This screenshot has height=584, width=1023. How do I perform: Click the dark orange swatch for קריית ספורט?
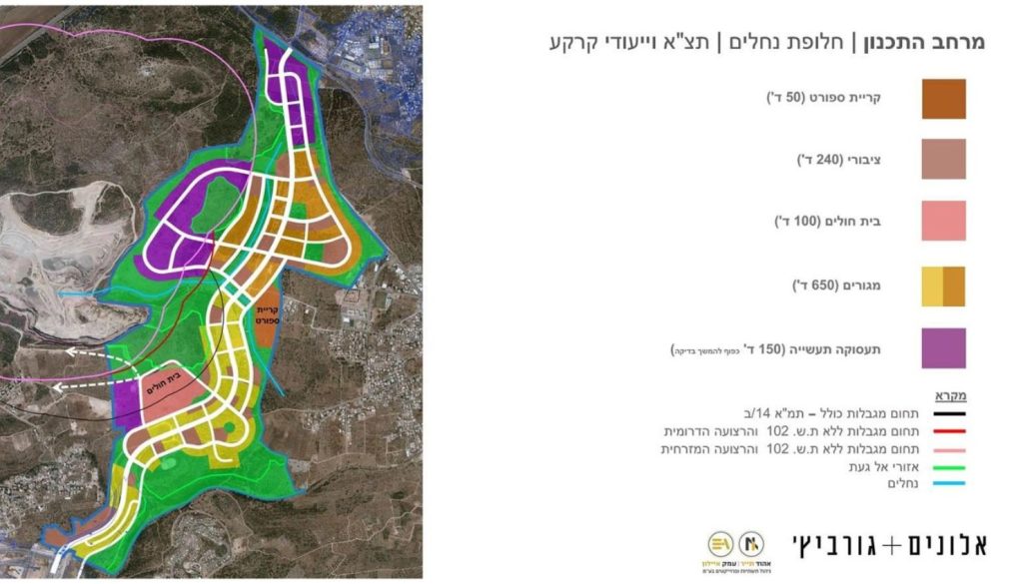(x=943, y=99)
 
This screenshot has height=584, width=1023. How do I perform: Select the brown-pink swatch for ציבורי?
(x=943, y=160)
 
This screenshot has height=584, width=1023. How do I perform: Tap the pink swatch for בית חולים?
(x=943, y=221)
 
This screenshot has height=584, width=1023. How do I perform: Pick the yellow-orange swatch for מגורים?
(x=943, y=287)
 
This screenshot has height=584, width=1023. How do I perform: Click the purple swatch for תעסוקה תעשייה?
(x=943, y=348)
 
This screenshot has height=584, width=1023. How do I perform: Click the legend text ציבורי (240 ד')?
(x=839, y=160)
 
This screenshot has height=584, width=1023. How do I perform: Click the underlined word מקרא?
(x=950, y=394)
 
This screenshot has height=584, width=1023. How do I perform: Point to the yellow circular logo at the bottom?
(x=720, y=544)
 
